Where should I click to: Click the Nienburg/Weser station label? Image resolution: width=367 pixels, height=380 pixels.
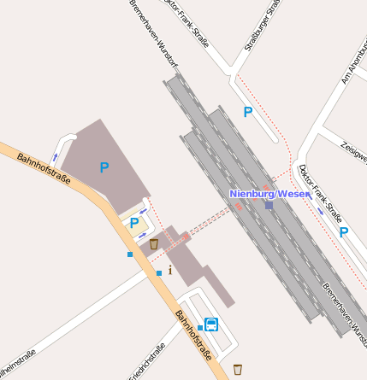tap(269, 194)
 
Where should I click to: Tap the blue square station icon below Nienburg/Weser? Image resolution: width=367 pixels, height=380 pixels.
tap(269, 205)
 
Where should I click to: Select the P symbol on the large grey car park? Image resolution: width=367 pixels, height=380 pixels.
tap(104, 168)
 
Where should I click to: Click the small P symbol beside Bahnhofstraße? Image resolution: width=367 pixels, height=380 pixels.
tap(133, 224)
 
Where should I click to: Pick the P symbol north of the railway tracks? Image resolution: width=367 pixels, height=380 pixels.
tap(248, 112)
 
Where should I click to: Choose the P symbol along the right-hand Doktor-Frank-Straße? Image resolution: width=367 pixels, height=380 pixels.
tap(343, 231)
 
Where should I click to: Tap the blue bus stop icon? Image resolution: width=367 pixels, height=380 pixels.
tap(211, 324)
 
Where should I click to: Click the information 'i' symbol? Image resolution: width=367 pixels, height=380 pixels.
tap(170, 271)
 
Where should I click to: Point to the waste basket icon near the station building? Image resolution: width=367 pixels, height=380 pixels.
tap(154, 244)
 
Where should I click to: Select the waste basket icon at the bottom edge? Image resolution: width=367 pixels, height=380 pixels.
tap(238, 369)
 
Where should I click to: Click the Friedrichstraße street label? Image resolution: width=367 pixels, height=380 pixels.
tap(147, 362)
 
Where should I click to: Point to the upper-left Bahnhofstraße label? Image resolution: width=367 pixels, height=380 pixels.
tap(43, 163)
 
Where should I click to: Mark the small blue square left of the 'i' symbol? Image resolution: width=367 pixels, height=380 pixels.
tap(158, 272)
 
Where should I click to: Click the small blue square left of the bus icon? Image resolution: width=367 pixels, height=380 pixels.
tap(200, 327)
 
